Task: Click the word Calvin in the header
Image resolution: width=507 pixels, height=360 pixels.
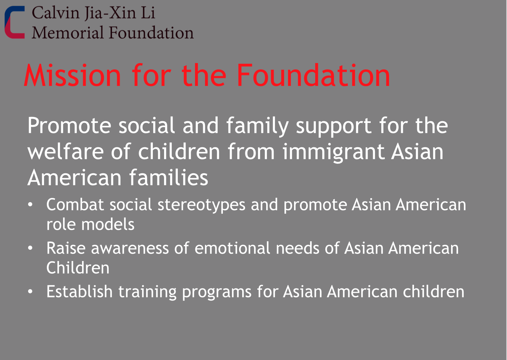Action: [x=56, y=13]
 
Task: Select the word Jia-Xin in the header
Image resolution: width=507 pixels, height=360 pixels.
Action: [x=111, y=13]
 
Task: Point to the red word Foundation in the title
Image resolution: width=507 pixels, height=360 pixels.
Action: [x=313, y=75]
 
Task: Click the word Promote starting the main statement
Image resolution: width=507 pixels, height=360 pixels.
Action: [x=69, y=125]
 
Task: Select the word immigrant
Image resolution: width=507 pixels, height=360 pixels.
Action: [x=334, y=152]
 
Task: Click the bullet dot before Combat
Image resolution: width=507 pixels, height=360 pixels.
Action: [x=30, y=205]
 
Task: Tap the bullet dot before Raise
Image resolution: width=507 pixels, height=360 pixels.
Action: [x=30, y=248]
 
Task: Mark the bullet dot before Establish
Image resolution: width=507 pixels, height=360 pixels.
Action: [x=30, y=292]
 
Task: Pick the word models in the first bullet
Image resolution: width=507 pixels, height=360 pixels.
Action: [x=108, y=224]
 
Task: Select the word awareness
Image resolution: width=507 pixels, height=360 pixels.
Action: [x=130, y=248]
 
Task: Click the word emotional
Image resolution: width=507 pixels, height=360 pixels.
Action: [x=232, y=248]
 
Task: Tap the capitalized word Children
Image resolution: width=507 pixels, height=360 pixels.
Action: [x=78, y=268]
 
